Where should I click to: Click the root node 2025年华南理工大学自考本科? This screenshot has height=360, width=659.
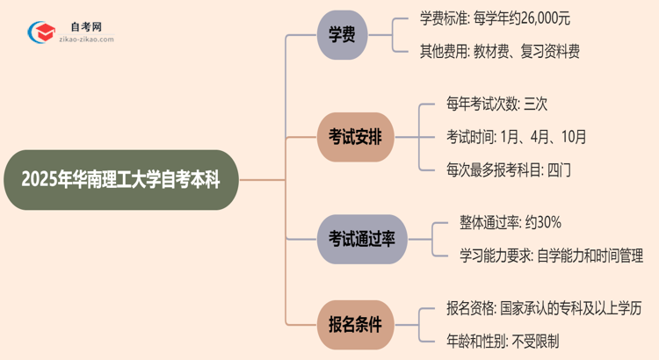click(x=120, y=180)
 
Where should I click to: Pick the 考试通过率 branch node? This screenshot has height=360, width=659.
click(x=362, y=240)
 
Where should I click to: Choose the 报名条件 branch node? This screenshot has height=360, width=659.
click(x=356, y=325)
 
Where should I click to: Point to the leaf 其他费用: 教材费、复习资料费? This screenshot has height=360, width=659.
click(x=499, y=52)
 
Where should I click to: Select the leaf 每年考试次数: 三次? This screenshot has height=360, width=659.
click(x=496, y=104)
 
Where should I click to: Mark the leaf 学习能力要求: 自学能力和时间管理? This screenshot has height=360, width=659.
click(x=551, y=256)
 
